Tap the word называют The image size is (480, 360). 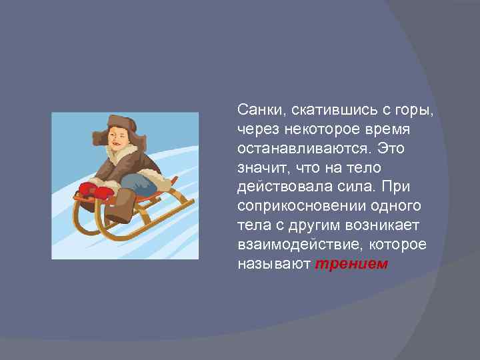(273, 264)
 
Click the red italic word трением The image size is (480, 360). (351, 264)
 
